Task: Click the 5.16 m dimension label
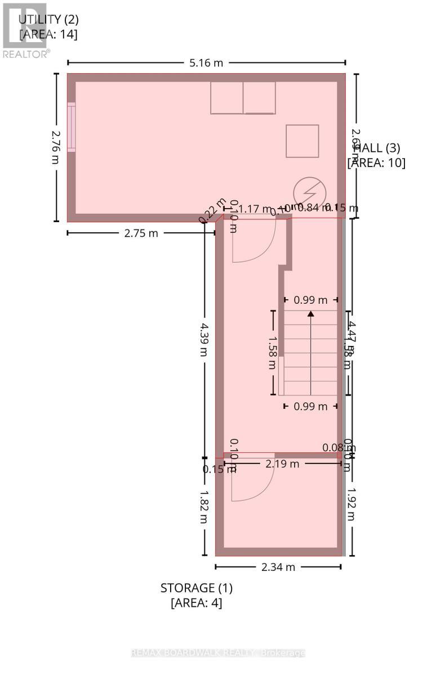pos(207,63)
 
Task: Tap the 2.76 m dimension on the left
pos(56,147)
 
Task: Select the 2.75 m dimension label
pos(141,233)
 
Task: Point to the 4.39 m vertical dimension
pos(203,339)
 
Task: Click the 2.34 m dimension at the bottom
pos(278,567)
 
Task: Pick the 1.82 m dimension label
pos(203,506)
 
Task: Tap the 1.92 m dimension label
pos(351,504)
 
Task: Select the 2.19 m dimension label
pos(282,463)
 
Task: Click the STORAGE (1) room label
pos(197,588)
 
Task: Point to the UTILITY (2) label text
pos(49,19)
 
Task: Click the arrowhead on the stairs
pos(310,314)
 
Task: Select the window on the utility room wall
pos(72,127)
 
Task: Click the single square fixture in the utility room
pos(302,141)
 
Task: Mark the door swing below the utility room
pos(252,240)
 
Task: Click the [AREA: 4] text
pos(197,604)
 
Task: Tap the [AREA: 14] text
pos(48,34)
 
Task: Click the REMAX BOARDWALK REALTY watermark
pos(218,653)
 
